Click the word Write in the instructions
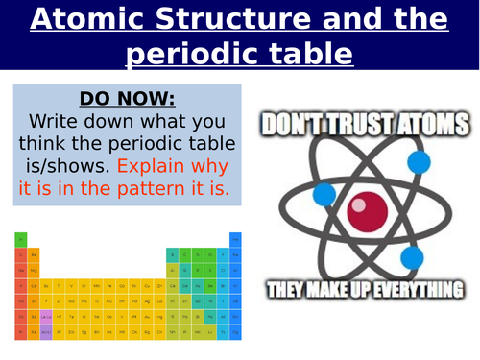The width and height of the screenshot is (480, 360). pyautogui.click(x=65, y=124)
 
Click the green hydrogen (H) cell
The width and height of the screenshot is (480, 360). pyautogui.click(x=21, y=238)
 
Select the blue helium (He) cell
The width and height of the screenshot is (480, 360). pyautogui.click(x=236, y=238)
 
